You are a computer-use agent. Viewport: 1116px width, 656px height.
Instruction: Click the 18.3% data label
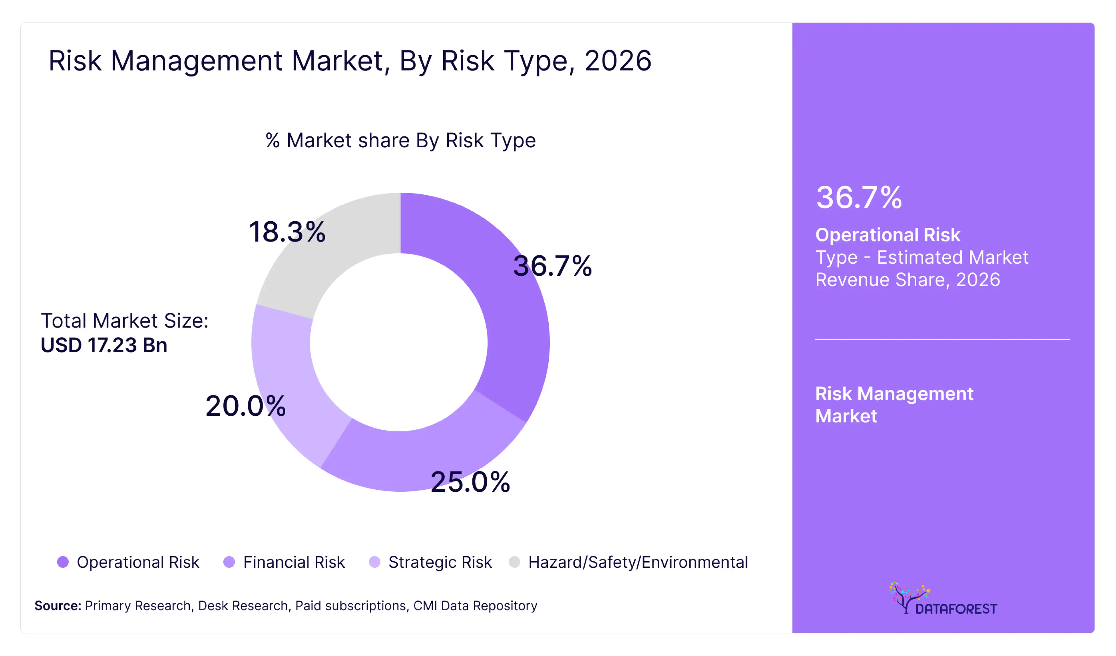(287, 232)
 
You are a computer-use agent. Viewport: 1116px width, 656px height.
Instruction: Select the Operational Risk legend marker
(63, 562)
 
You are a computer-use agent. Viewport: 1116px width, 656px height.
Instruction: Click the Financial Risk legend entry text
(294, 562)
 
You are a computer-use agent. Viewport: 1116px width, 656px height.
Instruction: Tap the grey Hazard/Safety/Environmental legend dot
(514, 562)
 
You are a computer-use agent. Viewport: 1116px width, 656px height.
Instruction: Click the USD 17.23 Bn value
(104, 345)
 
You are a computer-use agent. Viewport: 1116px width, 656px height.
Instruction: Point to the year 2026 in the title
(618, 61)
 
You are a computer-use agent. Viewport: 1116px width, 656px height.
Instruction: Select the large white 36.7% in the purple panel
(859, 197)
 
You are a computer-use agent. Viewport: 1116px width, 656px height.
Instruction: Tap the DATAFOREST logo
(943, 599)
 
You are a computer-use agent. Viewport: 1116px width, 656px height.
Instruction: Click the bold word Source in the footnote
(58, 605)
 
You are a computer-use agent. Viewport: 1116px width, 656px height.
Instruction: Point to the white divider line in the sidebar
(942, 339)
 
